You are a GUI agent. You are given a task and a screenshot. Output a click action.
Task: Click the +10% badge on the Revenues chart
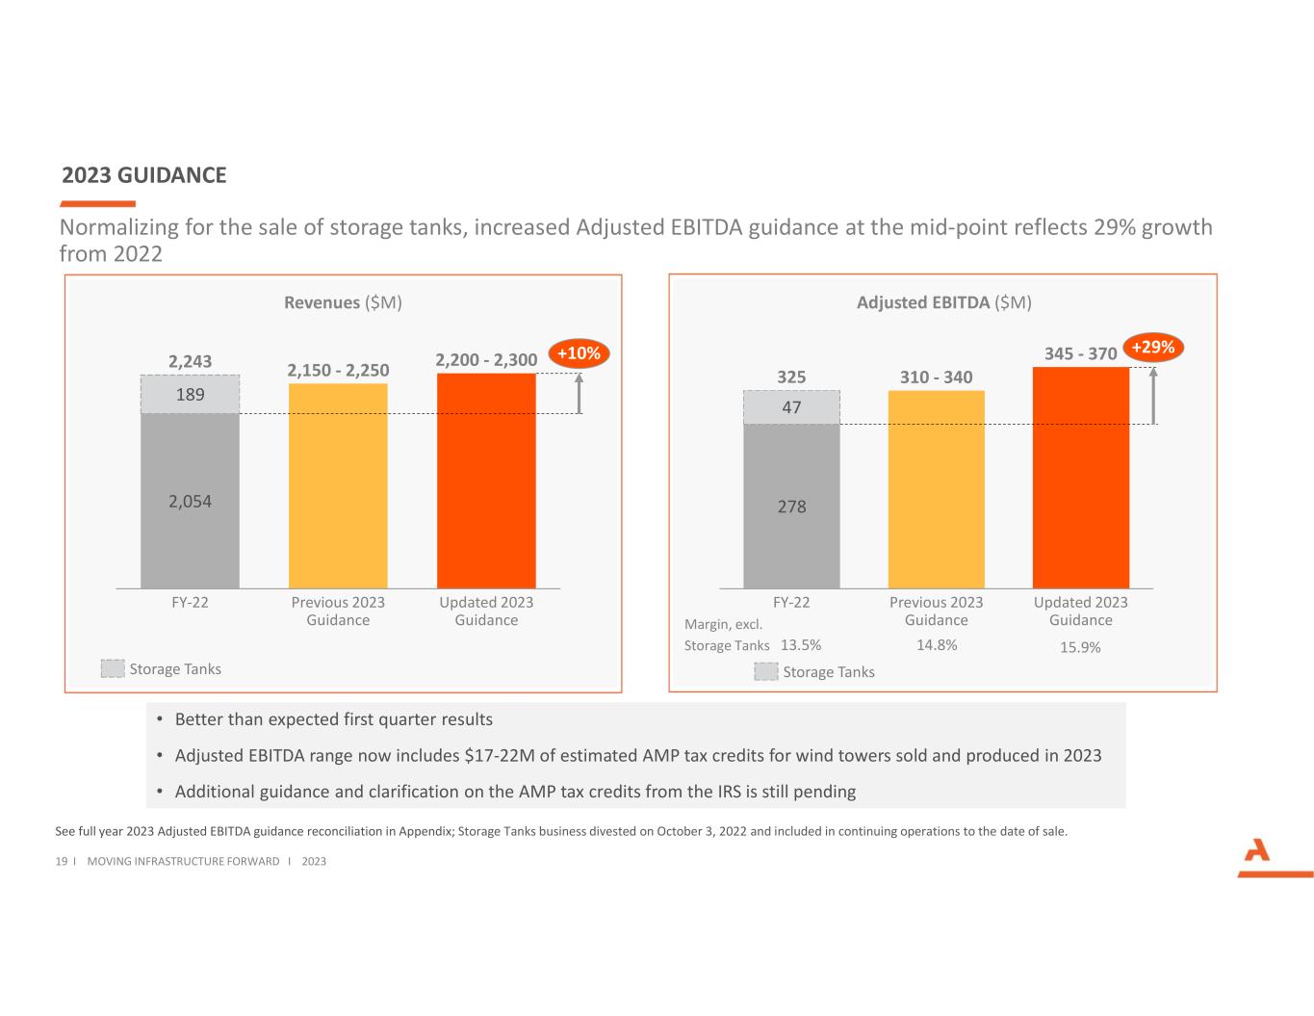(x=579, y=353)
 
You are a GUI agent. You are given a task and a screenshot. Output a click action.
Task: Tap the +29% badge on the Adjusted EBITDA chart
(x=1152, y=347)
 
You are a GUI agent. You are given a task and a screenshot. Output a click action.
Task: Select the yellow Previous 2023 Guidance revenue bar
(x=338, y=485)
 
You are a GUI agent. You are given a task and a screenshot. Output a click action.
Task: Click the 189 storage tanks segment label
(x=190, y=394)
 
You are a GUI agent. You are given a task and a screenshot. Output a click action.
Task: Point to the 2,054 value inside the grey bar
(x=190, y=501)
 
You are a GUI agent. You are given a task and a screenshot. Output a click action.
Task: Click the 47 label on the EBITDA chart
(x=791, y=407)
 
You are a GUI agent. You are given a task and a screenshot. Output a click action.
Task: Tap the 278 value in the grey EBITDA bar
(x=791, y=507)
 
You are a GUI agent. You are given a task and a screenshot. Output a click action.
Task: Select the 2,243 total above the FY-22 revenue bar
(x=190, y=361)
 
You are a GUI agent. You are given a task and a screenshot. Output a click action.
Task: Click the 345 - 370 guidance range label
(x=1080, y=353)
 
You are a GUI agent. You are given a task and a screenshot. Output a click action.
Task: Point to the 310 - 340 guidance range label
(x=936, y=378)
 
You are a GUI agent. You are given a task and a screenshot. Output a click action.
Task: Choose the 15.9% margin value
(x=1080, y=647)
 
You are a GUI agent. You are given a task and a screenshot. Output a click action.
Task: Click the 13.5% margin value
(x=801, y=645)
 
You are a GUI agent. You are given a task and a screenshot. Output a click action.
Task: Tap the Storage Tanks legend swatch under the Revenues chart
(x=113, y=668)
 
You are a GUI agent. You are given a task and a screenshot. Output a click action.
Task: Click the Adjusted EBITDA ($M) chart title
(x=943, y=302)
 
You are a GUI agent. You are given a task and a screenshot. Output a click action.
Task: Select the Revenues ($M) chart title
(x=343, y=302)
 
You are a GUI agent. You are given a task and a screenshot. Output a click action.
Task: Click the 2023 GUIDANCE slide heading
(x=144, y=175)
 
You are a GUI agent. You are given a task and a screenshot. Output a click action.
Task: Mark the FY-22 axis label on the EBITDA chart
(x=791, y=602)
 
